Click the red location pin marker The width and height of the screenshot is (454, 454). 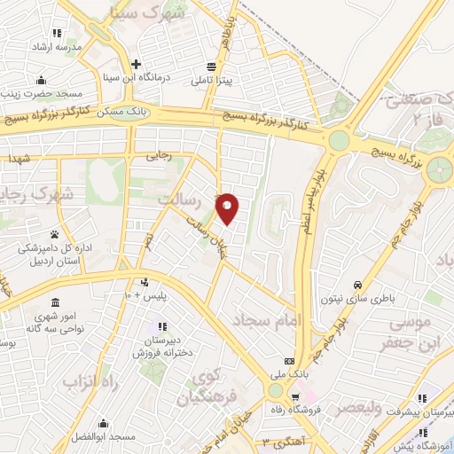[x=228, y=207]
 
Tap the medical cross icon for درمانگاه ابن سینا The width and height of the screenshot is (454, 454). [x=136, y=64]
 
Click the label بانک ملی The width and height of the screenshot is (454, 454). [x=317, y=375]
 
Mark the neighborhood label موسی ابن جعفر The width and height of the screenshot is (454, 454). [x=415, y=331]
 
